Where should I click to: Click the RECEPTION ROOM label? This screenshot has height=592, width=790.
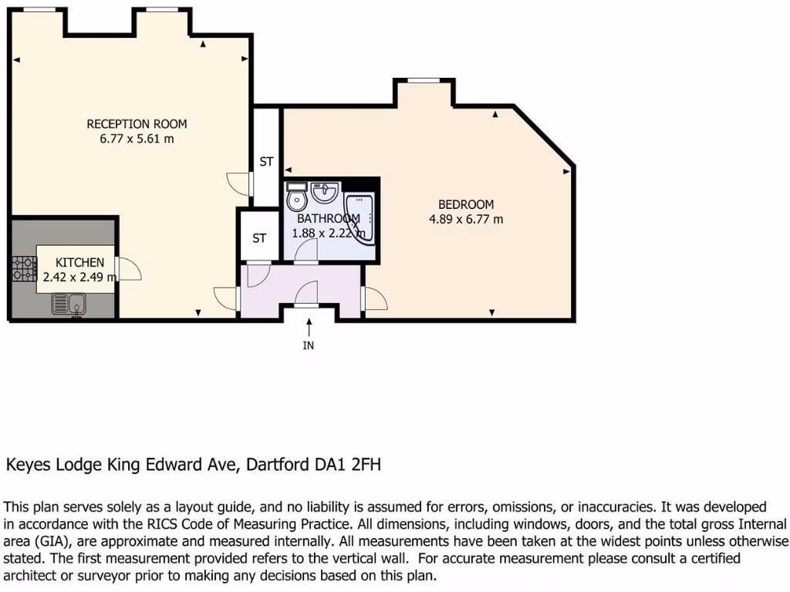137,124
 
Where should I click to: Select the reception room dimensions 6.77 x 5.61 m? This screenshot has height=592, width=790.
137,140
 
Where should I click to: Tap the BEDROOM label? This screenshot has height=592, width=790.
466,204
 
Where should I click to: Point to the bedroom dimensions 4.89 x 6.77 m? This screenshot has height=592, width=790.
466,219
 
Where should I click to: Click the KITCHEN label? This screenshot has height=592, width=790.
80,263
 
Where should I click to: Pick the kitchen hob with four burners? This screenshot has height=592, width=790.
24,269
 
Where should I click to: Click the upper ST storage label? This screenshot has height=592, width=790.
266,162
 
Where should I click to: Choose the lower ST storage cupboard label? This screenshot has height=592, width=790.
259,238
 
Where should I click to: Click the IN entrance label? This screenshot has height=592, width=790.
309,345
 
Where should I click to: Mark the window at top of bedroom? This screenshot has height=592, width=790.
423,80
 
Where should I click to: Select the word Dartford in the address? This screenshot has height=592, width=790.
275,465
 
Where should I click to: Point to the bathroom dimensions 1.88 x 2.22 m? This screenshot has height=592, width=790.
327,233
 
